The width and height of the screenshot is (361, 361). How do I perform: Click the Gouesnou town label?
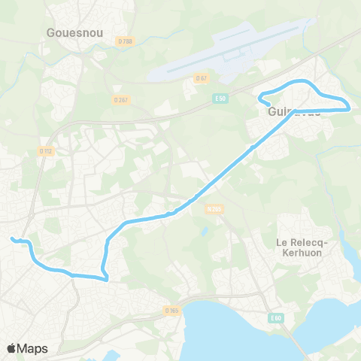pyautogui.click(x=74, y=32)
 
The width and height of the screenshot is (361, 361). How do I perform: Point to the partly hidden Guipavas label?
pyautogui.click(x=294, y=111)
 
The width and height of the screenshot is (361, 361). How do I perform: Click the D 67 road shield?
pyautogui.click(x=201, y=78)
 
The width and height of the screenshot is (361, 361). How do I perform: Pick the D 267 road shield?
pyautogui.click(x=120, y=99)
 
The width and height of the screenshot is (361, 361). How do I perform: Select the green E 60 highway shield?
pyautogui.click(x=275, y=319)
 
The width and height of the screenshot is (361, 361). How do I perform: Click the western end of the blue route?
pyautogui.click(x=11, y=239)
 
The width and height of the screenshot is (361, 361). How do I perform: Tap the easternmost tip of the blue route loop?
pyautogui.click(x=350, y=108)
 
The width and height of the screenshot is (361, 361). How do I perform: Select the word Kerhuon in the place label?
pyautogui.click(x=305, y=255)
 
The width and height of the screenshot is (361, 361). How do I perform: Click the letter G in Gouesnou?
pyautogui.click(x=50, y=32)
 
